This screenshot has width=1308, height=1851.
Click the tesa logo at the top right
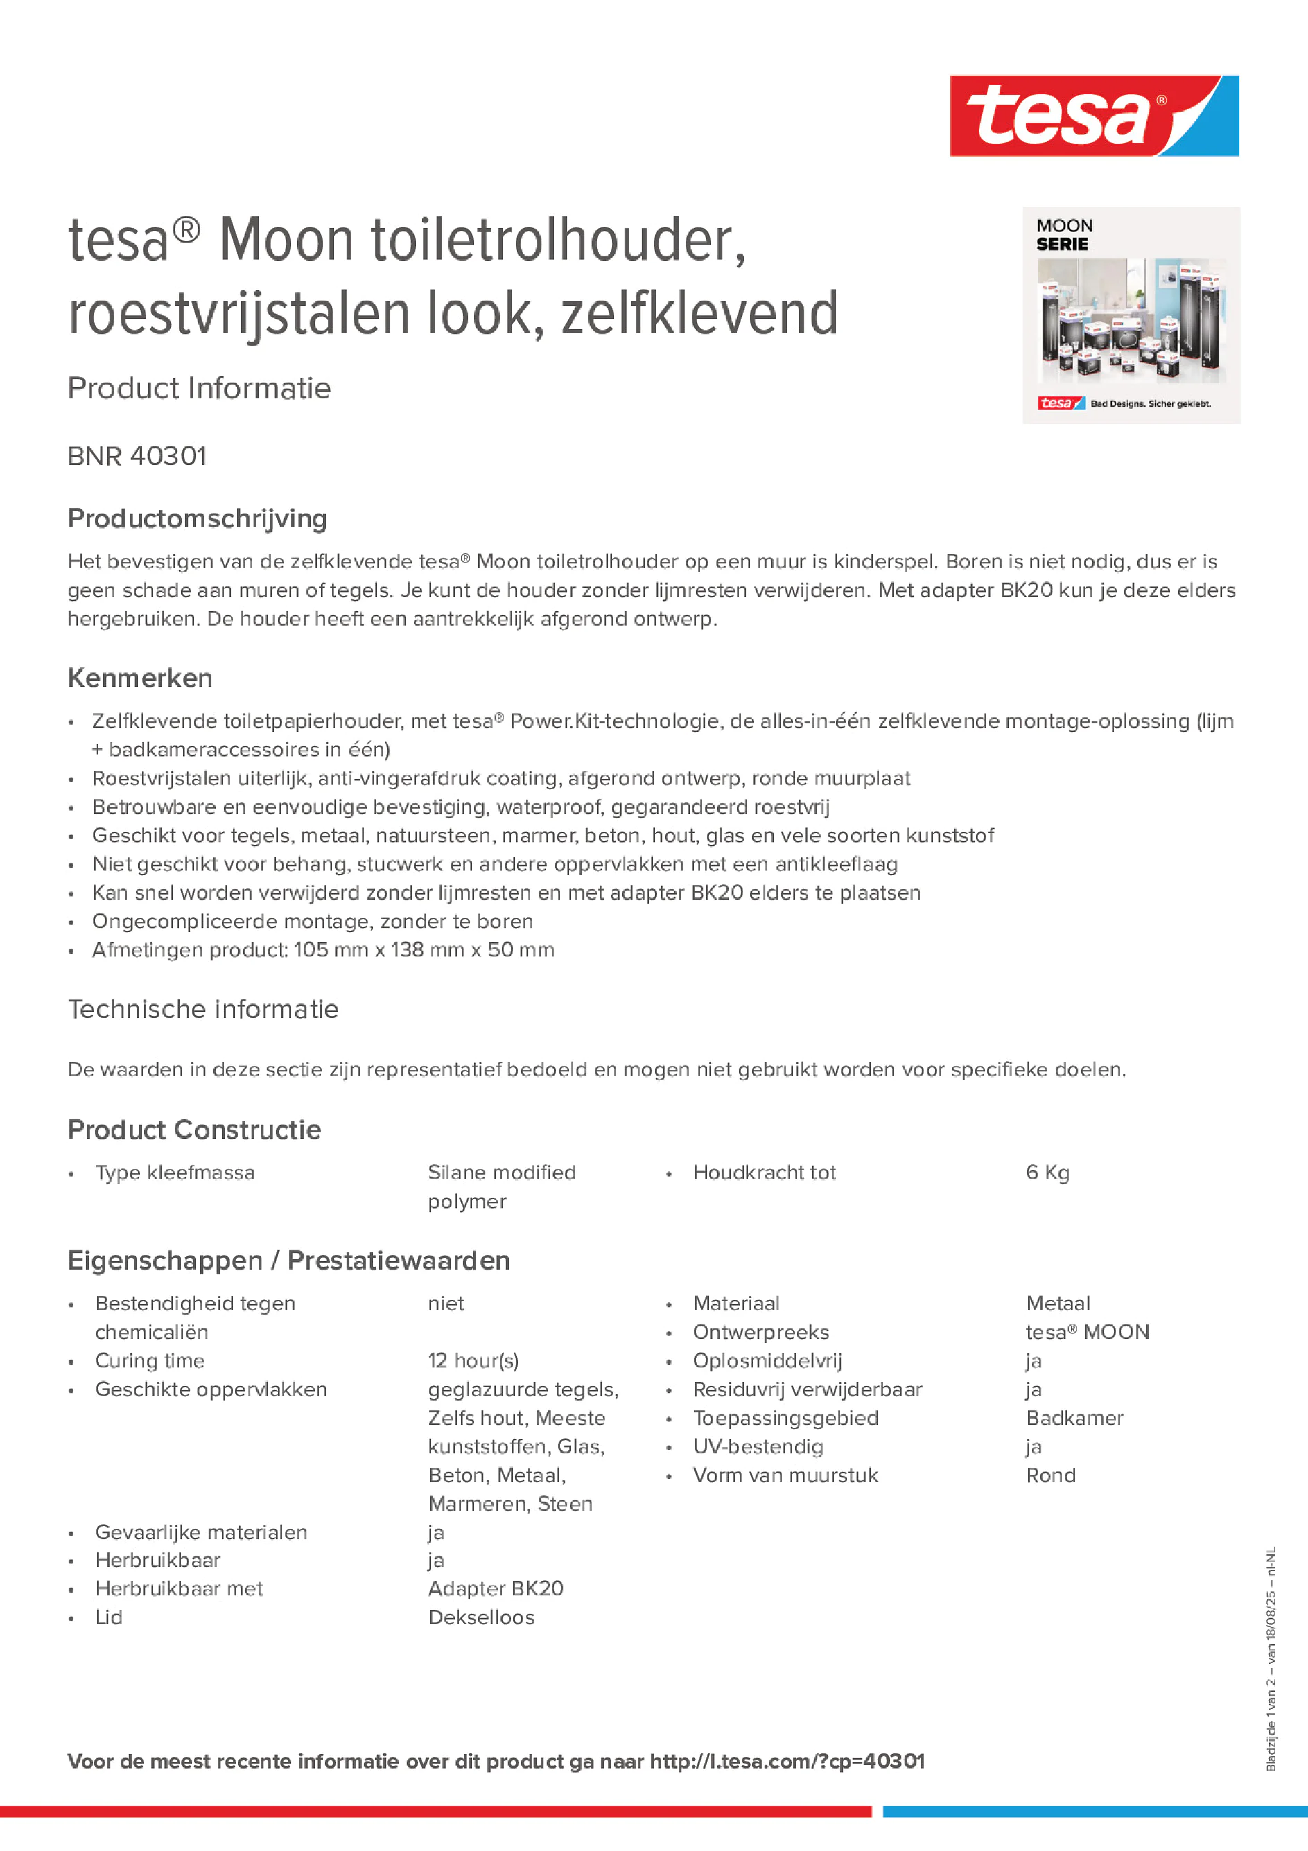(x=1094, y=115)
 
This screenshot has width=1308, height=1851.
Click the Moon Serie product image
(x=1131, y=315)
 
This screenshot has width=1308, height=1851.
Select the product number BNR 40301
(x=137, y=456)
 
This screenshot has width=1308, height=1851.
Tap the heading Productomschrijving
(x=197, y=518)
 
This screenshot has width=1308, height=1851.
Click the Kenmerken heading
(x=139, y=678)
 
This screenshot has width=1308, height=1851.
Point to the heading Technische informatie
(x=203, y=1009)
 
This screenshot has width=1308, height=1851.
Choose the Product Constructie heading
(x=193, y=1130)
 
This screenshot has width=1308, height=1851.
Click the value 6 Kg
(x=1047, y=1173)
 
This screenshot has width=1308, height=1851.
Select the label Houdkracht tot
(x=764, y=1173)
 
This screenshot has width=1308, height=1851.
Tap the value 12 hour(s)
(x=473, y=1361)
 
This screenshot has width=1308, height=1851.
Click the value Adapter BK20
(x=495, y=1589)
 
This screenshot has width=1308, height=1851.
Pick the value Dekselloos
(x=482, y=1617)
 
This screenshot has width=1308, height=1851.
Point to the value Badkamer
(x=1074, y=1418)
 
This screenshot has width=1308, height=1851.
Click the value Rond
(x=1050, y=1475)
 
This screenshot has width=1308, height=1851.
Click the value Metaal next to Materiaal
(x=1057, y=1304)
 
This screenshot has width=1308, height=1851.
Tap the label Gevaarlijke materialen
(x=201, y=1532)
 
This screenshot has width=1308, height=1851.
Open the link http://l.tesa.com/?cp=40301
(x=787, y=1762)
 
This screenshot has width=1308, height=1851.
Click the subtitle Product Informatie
(x=199, y=389)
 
